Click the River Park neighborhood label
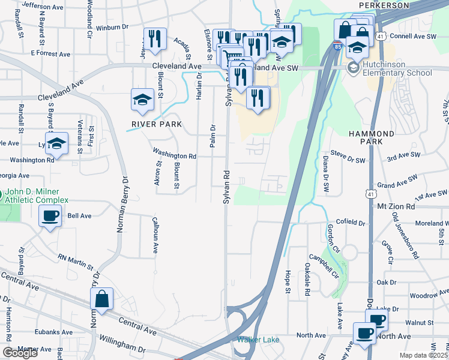pyautogui.click(x=152, y=124)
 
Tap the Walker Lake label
pyautogui.click(x=258, y=340)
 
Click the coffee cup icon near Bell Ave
pyautogui.click(x=50, y=216)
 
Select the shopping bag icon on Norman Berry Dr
pyautogui.click(x=102, y=298)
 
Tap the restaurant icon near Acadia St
pyautogui.click(x=155, y=39)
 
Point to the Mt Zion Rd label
pyautogui.click(x=396, y=206)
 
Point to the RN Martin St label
pyautogui.click(x=75, y=262)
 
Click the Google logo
pyautogui.click(x=20, y=353)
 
